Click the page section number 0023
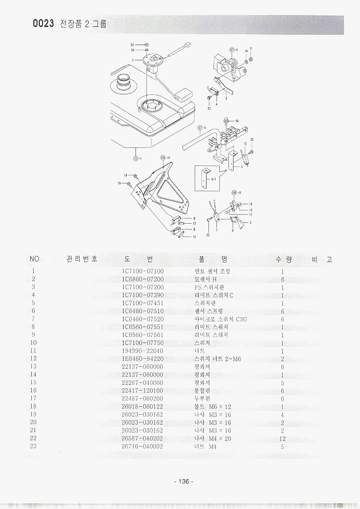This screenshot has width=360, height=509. tap(43, 24)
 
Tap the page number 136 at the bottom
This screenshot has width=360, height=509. tap(184, 482)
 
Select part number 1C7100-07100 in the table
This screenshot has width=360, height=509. tap(143, 272)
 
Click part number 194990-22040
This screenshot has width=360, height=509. tap(143, 351)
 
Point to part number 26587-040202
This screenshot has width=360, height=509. tap(143, 438)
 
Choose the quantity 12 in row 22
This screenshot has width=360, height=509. tap(282, 438)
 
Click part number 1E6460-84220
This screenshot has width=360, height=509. tap(143, 359)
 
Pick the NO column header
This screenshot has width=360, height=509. tap(34, 259)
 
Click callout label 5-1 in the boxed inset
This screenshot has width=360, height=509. tap(214, 180)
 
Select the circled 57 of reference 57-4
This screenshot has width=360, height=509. tap(232, 49)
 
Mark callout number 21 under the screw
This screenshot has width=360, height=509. tap(209, 109)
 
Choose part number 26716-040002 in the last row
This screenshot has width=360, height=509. tap(143, 446)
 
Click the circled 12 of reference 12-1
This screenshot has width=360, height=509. tap(135, 159)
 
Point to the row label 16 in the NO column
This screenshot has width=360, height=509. tap(33, 391)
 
